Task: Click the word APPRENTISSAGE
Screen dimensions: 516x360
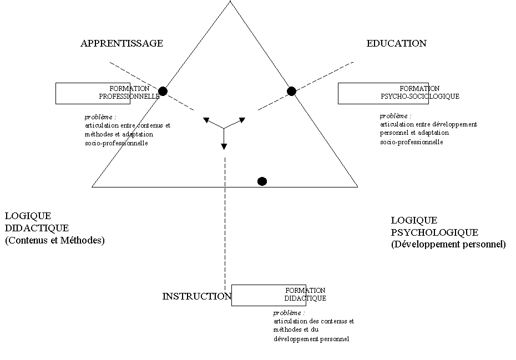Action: (x=122, y=43)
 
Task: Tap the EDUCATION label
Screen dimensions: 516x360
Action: (x=397, y=43)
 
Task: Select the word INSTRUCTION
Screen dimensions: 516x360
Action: (x=197, y=296)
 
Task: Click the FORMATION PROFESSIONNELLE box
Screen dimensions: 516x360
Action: (x=93, y=93)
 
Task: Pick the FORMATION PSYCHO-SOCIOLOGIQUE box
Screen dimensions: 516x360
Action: (x=383, y=93)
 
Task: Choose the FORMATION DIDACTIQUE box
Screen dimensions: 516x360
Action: (x=269, y=295)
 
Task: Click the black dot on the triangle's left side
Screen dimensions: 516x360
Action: (x=163, y=91)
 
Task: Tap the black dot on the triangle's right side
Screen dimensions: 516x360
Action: (x=291, y=91)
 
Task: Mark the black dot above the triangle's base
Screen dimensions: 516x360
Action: (x=262, y=181)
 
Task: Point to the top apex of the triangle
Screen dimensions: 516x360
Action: (x=230, y=1)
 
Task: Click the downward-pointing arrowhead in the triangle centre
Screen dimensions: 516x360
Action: (x=224, y=147)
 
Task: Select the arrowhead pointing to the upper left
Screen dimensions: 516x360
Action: (x=206, y=120)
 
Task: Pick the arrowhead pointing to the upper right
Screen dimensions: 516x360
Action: (x=242, y=120)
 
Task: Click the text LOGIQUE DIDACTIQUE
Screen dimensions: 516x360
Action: (x=37, y=222)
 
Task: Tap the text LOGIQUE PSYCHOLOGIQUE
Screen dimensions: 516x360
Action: (x=434, y=226)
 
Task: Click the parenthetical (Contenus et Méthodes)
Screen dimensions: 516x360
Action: (x=54, y=240)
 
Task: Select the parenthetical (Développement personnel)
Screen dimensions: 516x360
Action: (x=448, y=244)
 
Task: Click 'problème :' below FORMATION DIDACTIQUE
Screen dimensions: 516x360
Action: (x=289, y=313)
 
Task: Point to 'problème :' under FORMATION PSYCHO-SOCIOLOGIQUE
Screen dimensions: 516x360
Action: (x=396, y=116)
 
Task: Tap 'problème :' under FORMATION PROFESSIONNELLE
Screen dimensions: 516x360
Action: (x=100, y=117)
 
